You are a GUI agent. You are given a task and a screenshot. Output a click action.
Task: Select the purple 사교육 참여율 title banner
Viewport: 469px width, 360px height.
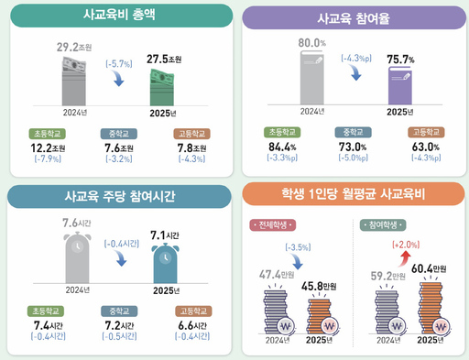351,18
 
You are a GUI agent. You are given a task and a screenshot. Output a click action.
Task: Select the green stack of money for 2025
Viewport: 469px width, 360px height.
170,88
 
